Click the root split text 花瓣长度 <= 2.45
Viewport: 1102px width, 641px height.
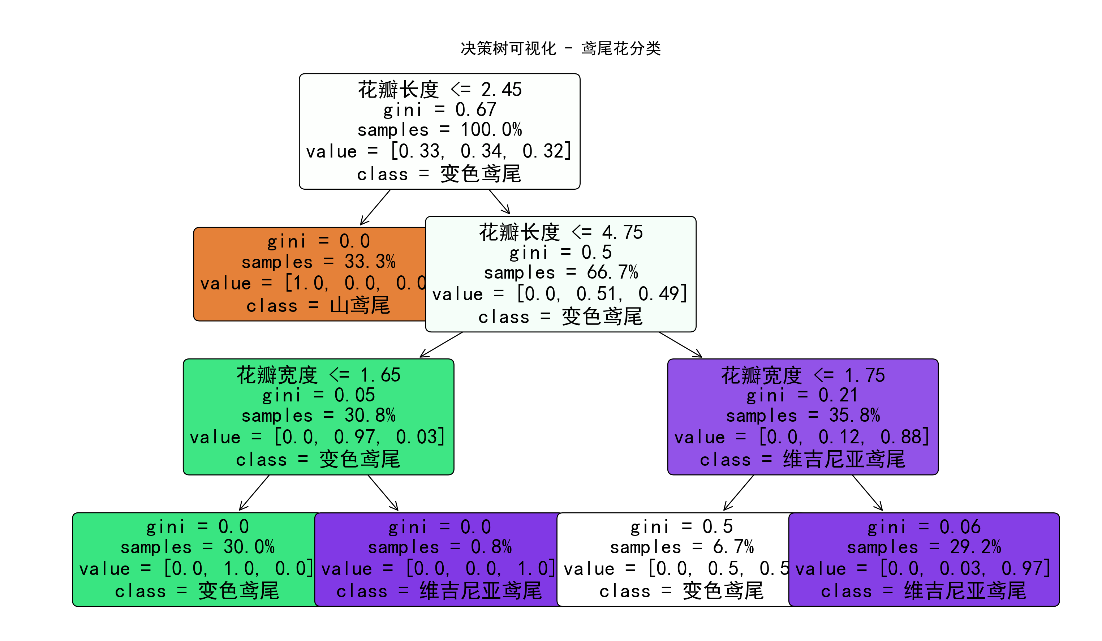click(439, 90)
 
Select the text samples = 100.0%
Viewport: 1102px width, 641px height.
click(439, 130)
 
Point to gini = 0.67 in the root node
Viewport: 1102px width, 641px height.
click(439, 110)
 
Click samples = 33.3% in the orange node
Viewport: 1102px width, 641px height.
click(318, 262)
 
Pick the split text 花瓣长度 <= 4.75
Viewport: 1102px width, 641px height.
click(561, 232)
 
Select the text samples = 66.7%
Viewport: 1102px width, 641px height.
click(561, 272)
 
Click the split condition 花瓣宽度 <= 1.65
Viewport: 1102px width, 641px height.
click(318, 375)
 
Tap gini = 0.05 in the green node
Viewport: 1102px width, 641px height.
click(318, 395)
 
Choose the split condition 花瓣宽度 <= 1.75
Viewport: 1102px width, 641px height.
click(803, 375)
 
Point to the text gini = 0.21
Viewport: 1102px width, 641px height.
click(803, 395)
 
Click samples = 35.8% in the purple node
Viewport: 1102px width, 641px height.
click(803, 416)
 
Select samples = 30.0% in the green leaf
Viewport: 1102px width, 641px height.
click(197, 547)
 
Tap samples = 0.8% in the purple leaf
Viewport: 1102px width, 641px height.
click(439, 547)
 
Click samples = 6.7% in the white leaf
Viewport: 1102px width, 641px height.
click(682, 547)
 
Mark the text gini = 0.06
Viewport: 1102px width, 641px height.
click(924, 527)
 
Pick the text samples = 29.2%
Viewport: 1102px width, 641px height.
click(924, 547)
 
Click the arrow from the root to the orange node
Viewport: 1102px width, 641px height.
click(375, 207)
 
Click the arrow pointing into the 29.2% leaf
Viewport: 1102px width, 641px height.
click(867, 493)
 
